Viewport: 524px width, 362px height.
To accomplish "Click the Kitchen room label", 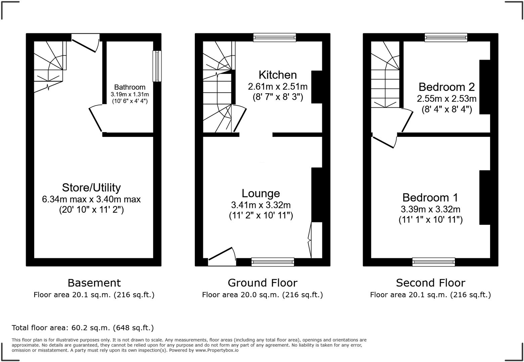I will [277, 75].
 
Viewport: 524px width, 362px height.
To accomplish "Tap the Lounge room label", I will [261, 193].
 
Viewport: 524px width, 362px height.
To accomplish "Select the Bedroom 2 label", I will [446, 87].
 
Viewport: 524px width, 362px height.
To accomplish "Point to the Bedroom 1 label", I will [430, 197].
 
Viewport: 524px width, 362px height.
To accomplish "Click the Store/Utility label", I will [91, 188].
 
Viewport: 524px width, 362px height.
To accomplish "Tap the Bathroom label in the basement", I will [130, 87].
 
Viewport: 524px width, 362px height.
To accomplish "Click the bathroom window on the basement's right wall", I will [157, 66].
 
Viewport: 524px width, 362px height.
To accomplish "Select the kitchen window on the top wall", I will [274, 37].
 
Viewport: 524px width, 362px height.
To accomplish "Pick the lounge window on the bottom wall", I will [272, 262].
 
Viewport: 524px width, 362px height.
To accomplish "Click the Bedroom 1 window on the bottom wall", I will [434, 262].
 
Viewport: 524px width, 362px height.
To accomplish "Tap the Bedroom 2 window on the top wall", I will [446, 37].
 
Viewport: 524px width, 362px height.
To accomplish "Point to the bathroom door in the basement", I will [95, 119].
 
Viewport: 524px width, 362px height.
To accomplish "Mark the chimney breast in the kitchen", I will [317, 87].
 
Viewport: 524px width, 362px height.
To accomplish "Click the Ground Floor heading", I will [262, 283].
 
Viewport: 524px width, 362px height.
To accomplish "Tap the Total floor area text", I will [83, 327].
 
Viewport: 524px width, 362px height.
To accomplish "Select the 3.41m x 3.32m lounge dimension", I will [261, 205].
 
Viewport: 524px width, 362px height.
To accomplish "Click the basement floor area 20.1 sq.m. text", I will [94, 295].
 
